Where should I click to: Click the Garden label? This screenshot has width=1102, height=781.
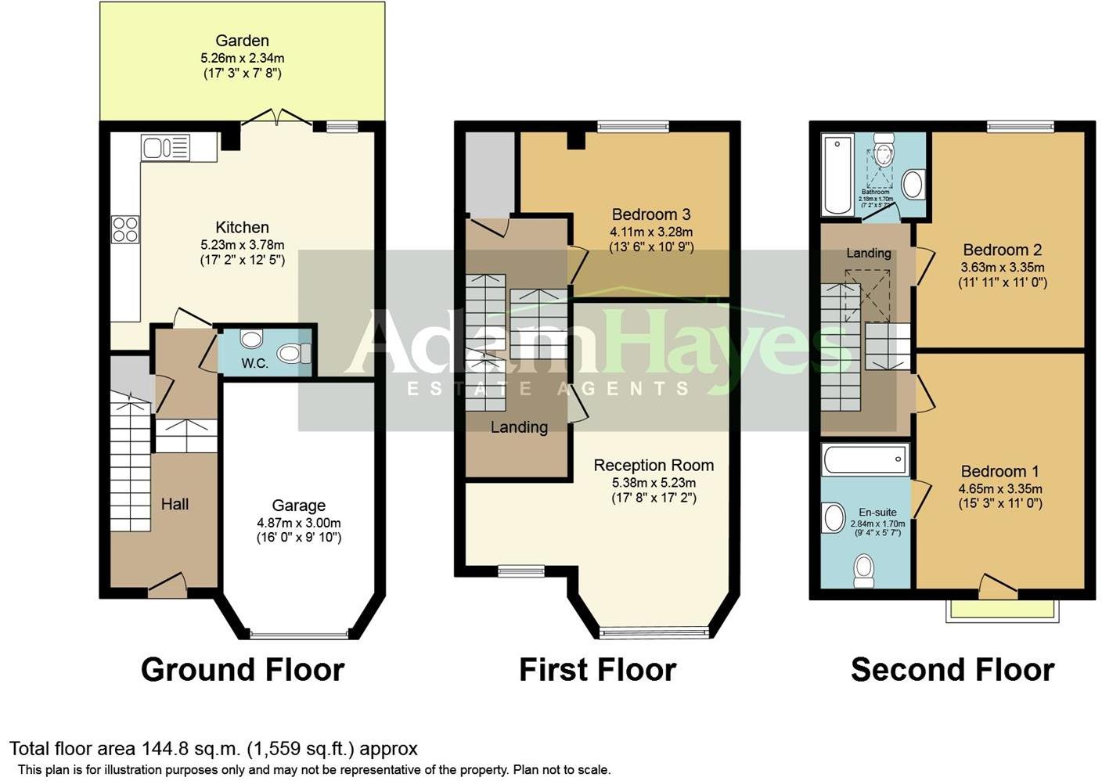point(242,41)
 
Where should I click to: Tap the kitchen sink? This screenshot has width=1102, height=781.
point(165,147)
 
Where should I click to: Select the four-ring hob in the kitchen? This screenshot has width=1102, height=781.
point(125,229)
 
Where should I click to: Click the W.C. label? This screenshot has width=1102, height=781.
point(254,363)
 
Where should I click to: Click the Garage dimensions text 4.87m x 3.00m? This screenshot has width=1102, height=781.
point(298,523)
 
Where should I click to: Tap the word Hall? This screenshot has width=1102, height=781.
point(175,504)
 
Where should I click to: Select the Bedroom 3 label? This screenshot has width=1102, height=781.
point(650,214)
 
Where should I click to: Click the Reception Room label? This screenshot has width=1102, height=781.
point(654,465)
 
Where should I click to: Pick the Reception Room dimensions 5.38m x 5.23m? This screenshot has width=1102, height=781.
point(654,482)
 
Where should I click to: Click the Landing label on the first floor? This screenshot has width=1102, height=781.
point(519,427)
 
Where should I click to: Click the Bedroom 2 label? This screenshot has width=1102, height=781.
point(1002,250)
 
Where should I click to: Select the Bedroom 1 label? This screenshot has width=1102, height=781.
point(999,471)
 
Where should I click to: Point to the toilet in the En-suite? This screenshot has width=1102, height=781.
point(864,569)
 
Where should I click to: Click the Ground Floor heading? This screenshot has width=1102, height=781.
point(243,670)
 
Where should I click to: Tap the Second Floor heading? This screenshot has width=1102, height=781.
point(952,670)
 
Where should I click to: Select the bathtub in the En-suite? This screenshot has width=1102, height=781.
point(865,459)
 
